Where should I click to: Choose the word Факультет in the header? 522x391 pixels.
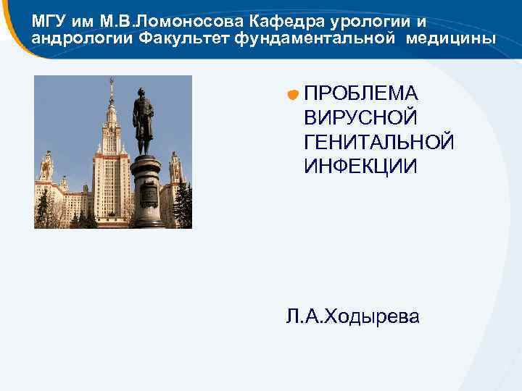181,37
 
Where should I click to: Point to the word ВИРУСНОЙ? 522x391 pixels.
360,117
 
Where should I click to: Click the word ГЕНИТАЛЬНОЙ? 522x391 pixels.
379,141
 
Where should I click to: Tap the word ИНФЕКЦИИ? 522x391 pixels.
360,166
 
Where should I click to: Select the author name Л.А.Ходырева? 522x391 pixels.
352,316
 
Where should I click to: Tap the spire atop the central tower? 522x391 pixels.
111,91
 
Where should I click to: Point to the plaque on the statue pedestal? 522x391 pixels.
148,193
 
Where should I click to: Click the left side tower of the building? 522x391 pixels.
47,170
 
